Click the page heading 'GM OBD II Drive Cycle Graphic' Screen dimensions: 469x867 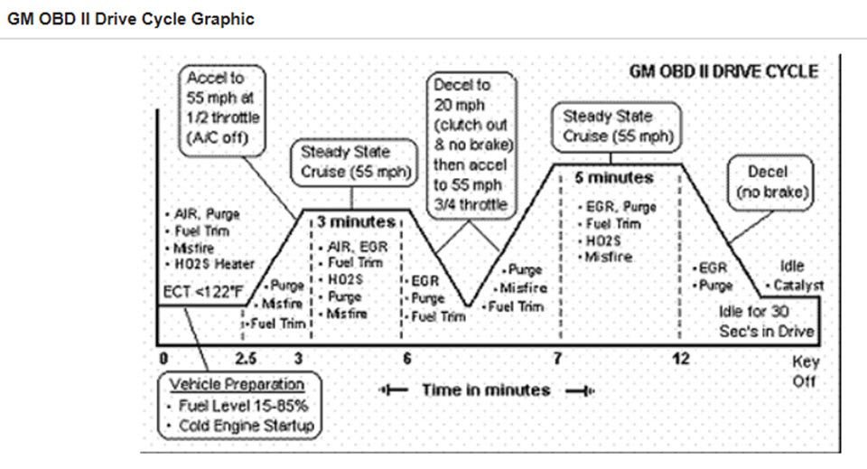(130, 18)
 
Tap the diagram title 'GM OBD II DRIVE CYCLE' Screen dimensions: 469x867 (722, 71)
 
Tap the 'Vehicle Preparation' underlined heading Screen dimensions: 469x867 (237, 384)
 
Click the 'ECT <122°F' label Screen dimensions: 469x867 (203, 291)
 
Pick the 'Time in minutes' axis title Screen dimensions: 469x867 (486, 390)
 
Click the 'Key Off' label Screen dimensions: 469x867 (804, 371)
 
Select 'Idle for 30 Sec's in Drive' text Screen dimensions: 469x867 (766, 321)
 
